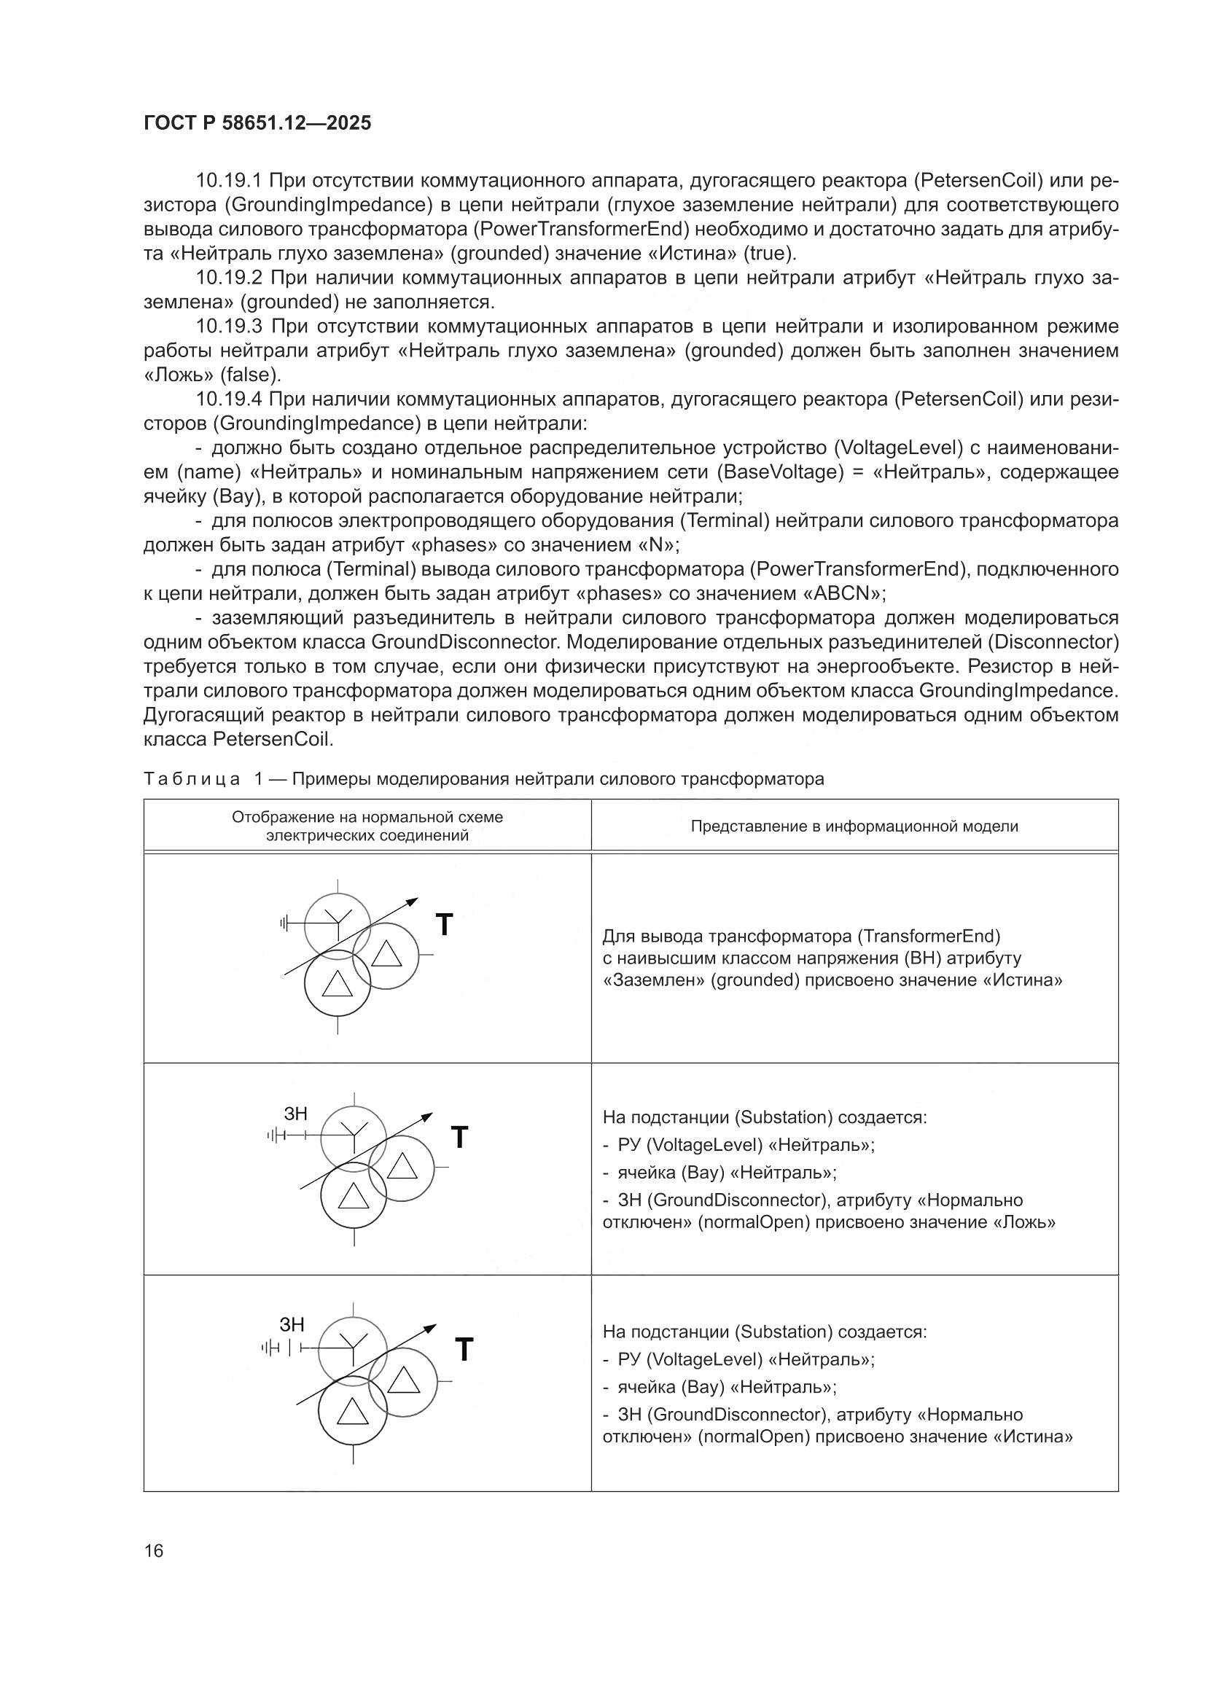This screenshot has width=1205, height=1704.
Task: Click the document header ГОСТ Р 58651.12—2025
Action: pos(257,123)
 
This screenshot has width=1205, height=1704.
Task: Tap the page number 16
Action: pos(154,1550)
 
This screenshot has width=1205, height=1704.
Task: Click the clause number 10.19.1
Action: pos(229,180)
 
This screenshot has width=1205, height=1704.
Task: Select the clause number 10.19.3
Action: pos(229,327)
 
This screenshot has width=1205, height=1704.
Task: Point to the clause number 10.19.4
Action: pos(229,399)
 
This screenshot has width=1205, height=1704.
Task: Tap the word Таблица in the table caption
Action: pos(192,779)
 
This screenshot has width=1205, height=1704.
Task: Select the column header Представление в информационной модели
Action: pos(854,826)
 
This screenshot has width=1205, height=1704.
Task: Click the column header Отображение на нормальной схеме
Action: pos(367,817)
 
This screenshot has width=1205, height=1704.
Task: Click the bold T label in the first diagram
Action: pos(444,925)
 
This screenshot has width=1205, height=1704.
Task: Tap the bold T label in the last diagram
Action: pos(464,1349)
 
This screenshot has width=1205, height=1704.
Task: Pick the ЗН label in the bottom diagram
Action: pos(292,1325)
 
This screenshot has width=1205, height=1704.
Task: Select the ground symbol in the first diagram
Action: pos(284,923)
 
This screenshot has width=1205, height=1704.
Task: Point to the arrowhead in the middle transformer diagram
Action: pos(427,1115)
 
